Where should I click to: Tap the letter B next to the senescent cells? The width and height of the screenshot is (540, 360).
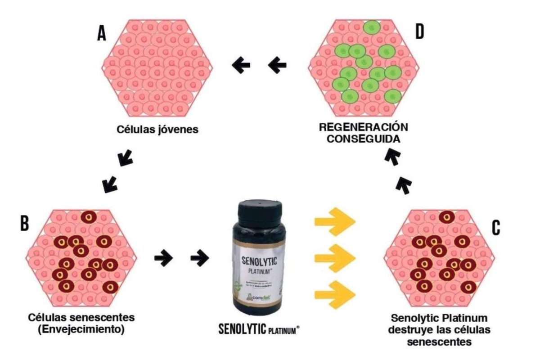tap(25, 223)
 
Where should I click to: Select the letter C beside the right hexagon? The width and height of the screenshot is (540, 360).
tap(495, 228)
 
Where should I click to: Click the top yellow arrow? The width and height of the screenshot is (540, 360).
tap(335, 221)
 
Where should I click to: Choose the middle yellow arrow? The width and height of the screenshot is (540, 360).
tap(335, 257)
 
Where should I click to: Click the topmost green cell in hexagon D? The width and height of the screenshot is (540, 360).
tap(372, 28)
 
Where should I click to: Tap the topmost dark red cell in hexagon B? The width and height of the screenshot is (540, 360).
tap(89, 217)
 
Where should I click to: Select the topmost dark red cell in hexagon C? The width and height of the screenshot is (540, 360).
tap(446, 217)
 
